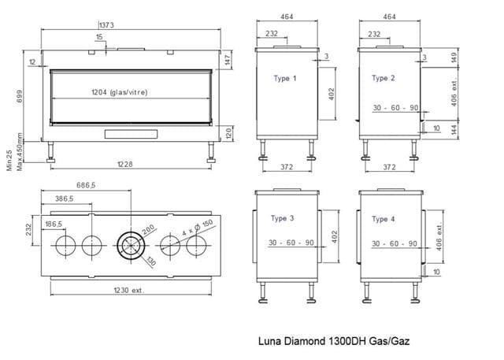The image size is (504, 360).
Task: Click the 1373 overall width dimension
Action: click(x=106, y=25)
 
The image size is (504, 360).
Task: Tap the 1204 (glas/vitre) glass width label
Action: click(x=120, y=93)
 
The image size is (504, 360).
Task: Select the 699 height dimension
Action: click(x=20, y=96)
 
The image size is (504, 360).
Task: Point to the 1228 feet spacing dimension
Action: click(x=124, y=165)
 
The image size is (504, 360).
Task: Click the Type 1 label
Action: click(x=285, y=79)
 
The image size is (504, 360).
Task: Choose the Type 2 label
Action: click(x=384, y=78)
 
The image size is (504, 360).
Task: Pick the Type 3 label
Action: click(x=282, y=218)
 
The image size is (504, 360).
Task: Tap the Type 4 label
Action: click(x=384, y=219)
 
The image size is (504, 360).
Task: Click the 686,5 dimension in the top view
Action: click(x=86, y=185)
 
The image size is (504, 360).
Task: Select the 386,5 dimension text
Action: click(x=65, y=199)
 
